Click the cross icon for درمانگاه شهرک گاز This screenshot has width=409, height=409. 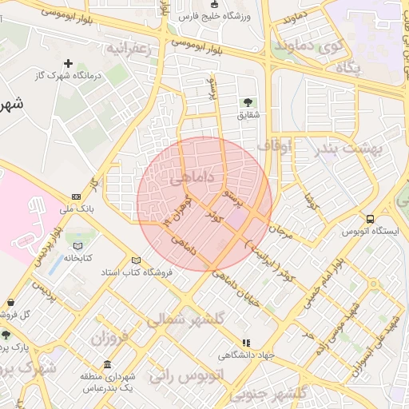pyautogui.click(x=68, y=63)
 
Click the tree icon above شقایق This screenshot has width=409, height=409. pyautogui.click(x=248, y=101)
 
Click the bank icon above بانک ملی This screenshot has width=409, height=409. pyautogui.click(x=76, y=197)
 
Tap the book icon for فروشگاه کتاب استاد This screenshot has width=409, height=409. pyautogui.click(x=136, y=260)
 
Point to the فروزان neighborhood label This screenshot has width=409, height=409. pyautogui.click(x=109, y=338)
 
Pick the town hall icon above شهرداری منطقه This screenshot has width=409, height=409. pyautogui.click(x=107, y=364)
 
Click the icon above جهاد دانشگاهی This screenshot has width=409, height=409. pyautogui.click(x=246, y=343)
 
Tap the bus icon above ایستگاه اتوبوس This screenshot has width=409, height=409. pyautogui.click(x=369, y=219)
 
